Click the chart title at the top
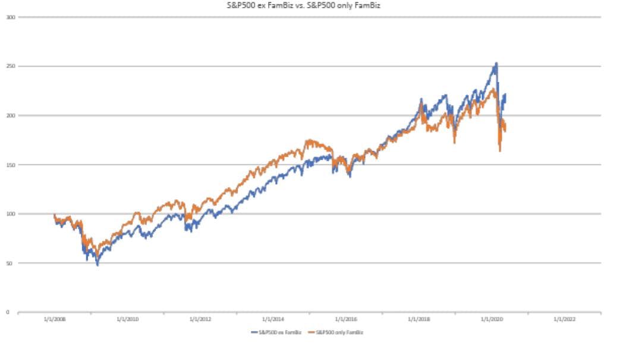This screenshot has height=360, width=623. click(311, 6)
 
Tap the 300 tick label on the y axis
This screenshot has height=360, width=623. click(10, 17)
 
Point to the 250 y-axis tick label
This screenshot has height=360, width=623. click(10, 66)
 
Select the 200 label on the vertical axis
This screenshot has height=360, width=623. click(10, 115)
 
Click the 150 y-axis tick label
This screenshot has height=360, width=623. click(10, 165)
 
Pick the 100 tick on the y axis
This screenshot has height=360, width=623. click(10, 214)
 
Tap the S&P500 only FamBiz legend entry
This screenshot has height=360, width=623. click(336, 332)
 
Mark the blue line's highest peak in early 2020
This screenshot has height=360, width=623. click(496, 63)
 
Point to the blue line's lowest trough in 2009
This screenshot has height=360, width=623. click(97, 265)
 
